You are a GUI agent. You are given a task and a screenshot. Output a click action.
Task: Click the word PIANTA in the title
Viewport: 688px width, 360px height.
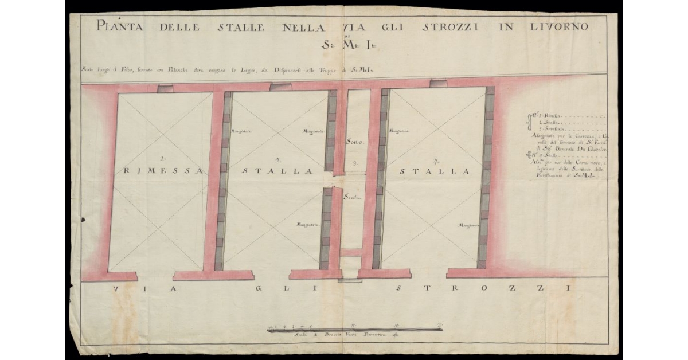click(122, 26)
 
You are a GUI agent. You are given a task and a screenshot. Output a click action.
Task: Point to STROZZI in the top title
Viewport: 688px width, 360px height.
click(455, 26)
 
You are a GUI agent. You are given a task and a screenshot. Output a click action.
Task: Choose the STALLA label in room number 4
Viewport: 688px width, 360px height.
click(435, 171)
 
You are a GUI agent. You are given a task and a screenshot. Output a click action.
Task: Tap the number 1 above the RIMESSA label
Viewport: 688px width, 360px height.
click(163, 158)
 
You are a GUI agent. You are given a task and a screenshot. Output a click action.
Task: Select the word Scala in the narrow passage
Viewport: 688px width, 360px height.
click(351, 198)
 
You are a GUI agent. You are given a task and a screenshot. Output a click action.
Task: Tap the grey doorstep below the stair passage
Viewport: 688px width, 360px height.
click(350, 280)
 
